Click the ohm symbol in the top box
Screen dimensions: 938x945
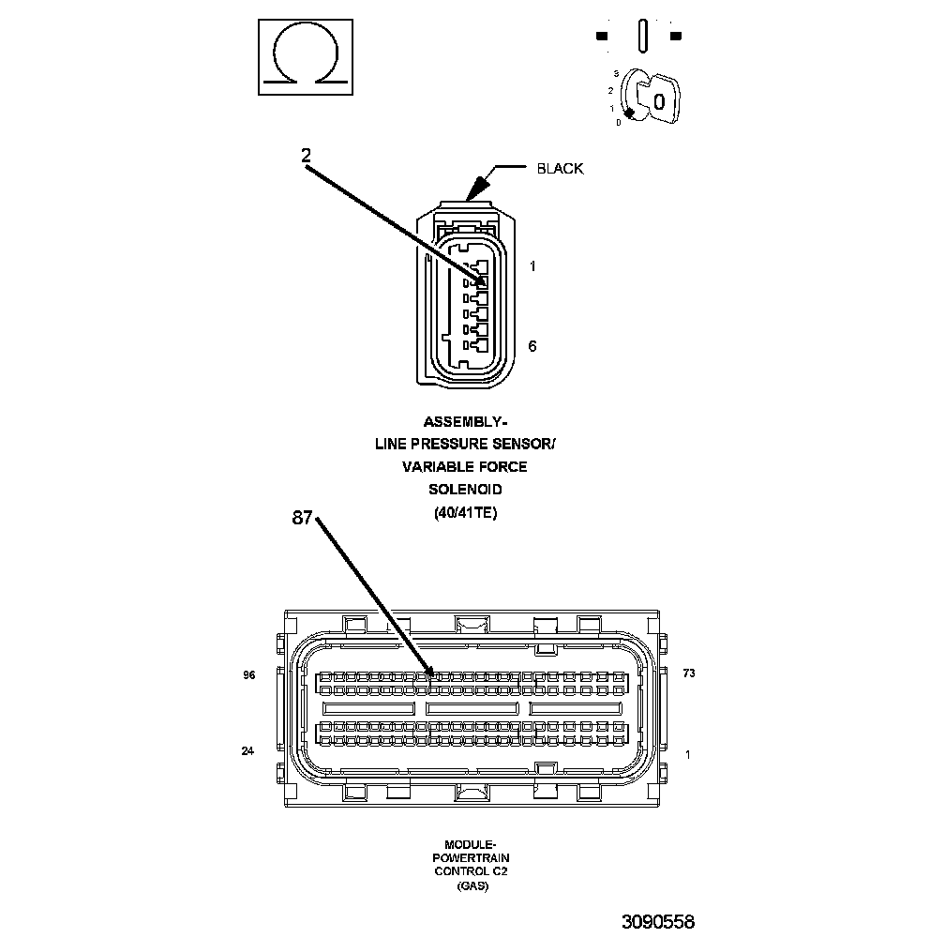click(x=306, y=56)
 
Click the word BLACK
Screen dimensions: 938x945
click(x=560, y=169)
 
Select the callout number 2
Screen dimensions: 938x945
click(x=306, y=157)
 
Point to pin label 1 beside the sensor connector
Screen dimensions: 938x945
click(x=532, y=266)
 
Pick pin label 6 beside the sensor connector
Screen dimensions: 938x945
click(x=532, y=346)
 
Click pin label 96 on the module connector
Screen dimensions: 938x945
click(x=249, y=674)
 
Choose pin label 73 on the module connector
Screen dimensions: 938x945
click(x=688, y=674)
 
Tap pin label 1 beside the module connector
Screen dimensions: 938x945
click(x=688, y=754)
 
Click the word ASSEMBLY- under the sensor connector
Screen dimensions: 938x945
click(x=466, y=422)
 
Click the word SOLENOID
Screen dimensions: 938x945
click(x=466, y=490)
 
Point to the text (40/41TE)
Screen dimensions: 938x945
click(x=466, y=512)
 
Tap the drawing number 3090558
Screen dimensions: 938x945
click(x=657, y=921)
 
